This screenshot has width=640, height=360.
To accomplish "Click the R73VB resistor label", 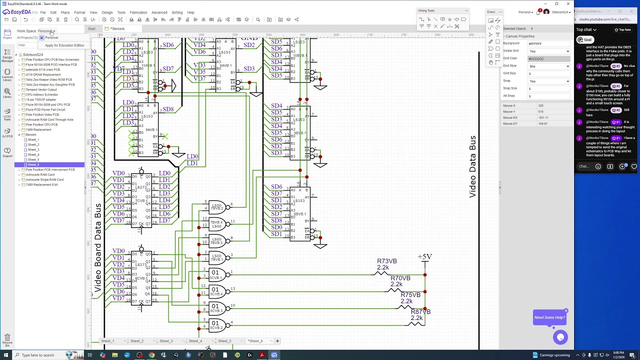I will click(386, 261).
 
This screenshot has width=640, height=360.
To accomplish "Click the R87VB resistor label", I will click(420, 311).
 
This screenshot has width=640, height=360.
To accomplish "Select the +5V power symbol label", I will click(424, 256).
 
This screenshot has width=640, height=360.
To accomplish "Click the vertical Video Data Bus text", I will click(472, 167).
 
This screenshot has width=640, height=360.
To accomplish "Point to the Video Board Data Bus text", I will click(98, 248).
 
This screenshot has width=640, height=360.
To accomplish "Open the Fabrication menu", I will click(138, 12).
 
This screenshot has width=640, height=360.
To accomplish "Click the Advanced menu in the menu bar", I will click(159, 12).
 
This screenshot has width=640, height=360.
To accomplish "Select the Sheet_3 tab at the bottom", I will click(166, 341).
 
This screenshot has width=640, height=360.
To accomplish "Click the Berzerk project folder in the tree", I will click(31, 134).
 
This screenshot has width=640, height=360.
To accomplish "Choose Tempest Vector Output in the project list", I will click(41, 89).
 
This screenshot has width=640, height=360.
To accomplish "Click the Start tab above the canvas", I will click(92, 28).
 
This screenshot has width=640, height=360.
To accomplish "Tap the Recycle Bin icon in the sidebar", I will click(7, 339).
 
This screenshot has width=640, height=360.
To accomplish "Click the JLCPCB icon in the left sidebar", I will click(7, 132).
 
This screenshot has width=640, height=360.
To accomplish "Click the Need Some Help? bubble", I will click(549, 317).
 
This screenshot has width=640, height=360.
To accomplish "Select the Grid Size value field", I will click(548, 73).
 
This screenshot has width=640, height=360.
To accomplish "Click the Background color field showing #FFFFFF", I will click(548, 43).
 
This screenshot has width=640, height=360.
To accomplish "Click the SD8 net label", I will click(167, 109).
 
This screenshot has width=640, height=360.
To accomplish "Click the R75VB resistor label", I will click(410, 295).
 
